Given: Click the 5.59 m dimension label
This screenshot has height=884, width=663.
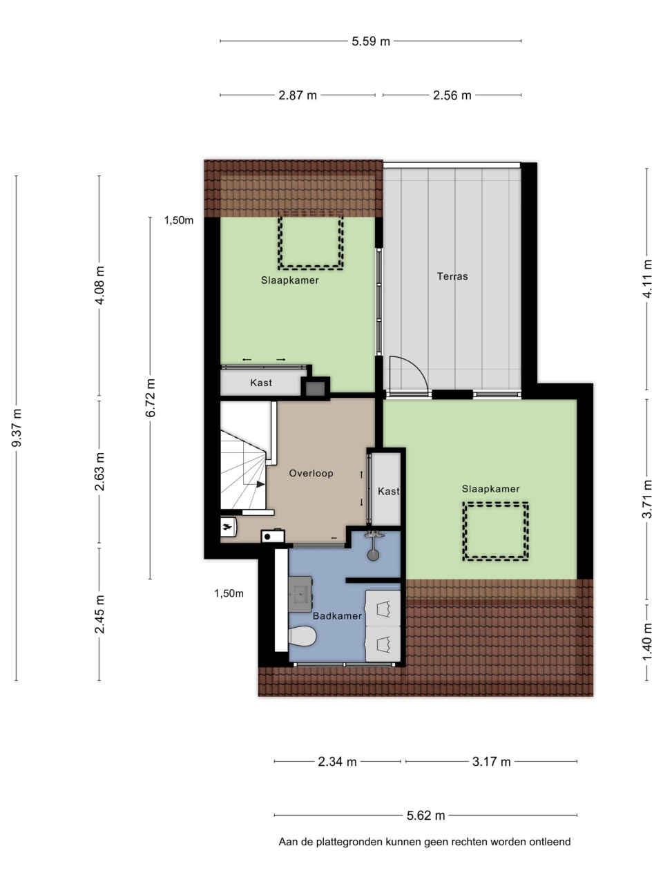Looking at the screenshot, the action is (370, 41).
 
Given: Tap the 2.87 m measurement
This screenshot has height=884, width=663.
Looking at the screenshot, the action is (298, 95).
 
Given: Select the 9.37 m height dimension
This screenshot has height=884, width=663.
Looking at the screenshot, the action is (17, 427).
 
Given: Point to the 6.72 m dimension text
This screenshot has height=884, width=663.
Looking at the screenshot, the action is (150, 398).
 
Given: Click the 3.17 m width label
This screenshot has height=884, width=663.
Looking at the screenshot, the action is (491, 762).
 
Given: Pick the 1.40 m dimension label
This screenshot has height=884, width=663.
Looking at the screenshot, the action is (647, 642).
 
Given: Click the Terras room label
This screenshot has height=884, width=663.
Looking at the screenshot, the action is (452, 276).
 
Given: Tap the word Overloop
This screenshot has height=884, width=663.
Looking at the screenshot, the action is (311, 473).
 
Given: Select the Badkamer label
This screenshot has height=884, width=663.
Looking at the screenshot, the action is (337, 616).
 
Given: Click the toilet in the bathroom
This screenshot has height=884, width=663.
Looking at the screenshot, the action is (302, 636).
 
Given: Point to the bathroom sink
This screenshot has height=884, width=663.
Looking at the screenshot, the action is (300, 594).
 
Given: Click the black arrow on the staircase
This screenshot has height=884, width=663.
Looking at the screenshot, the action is (260, 483).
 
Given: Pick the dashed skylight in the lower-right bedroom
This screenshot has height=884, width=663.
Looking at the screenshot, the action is (496, 531).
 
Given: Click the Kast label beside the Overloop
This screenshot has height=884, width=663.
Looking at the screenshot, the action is (388, 491).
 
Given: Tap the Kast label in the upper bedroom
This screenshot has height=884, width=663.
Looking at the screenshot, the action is (261, 383).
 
